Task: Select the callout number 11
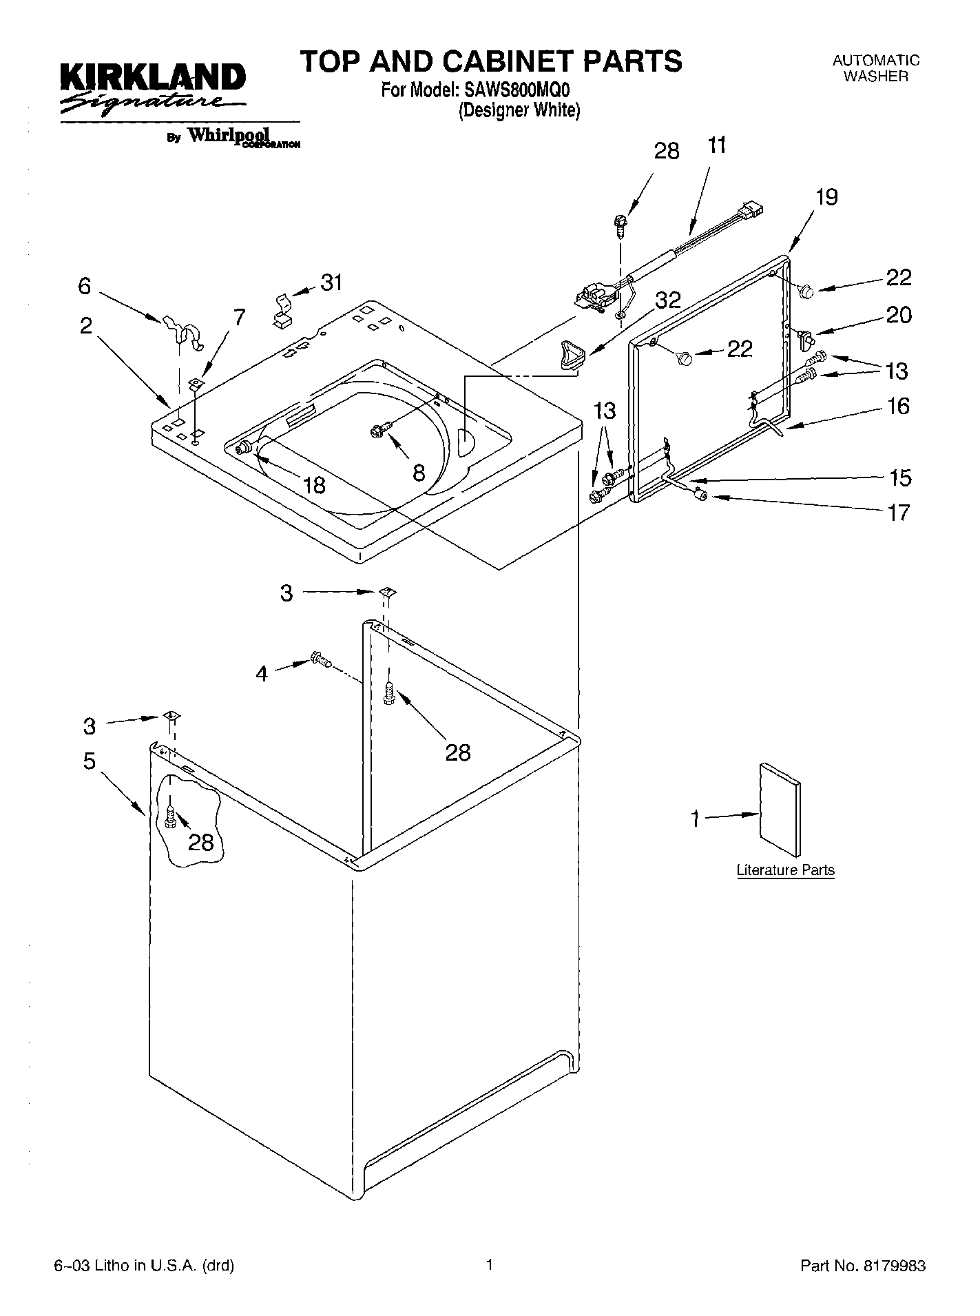point(716,146)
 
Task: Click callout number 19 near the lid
point(826,197)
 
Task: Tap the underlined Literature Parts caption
point(785,870)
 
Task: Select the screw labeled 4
point(320,659)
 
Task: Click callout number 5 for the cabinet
point(90,761)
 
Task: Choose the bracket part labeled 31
point(282,309)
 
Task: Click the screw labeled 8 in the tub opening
point(378,430)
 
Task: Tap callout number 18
point(314,485)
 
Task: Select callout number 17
point(899,513)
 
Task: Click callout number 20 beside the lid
point(899,315)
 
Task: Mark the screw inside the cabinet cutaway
point(171,817)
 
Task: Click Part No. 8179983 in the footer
point(862,1266)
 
